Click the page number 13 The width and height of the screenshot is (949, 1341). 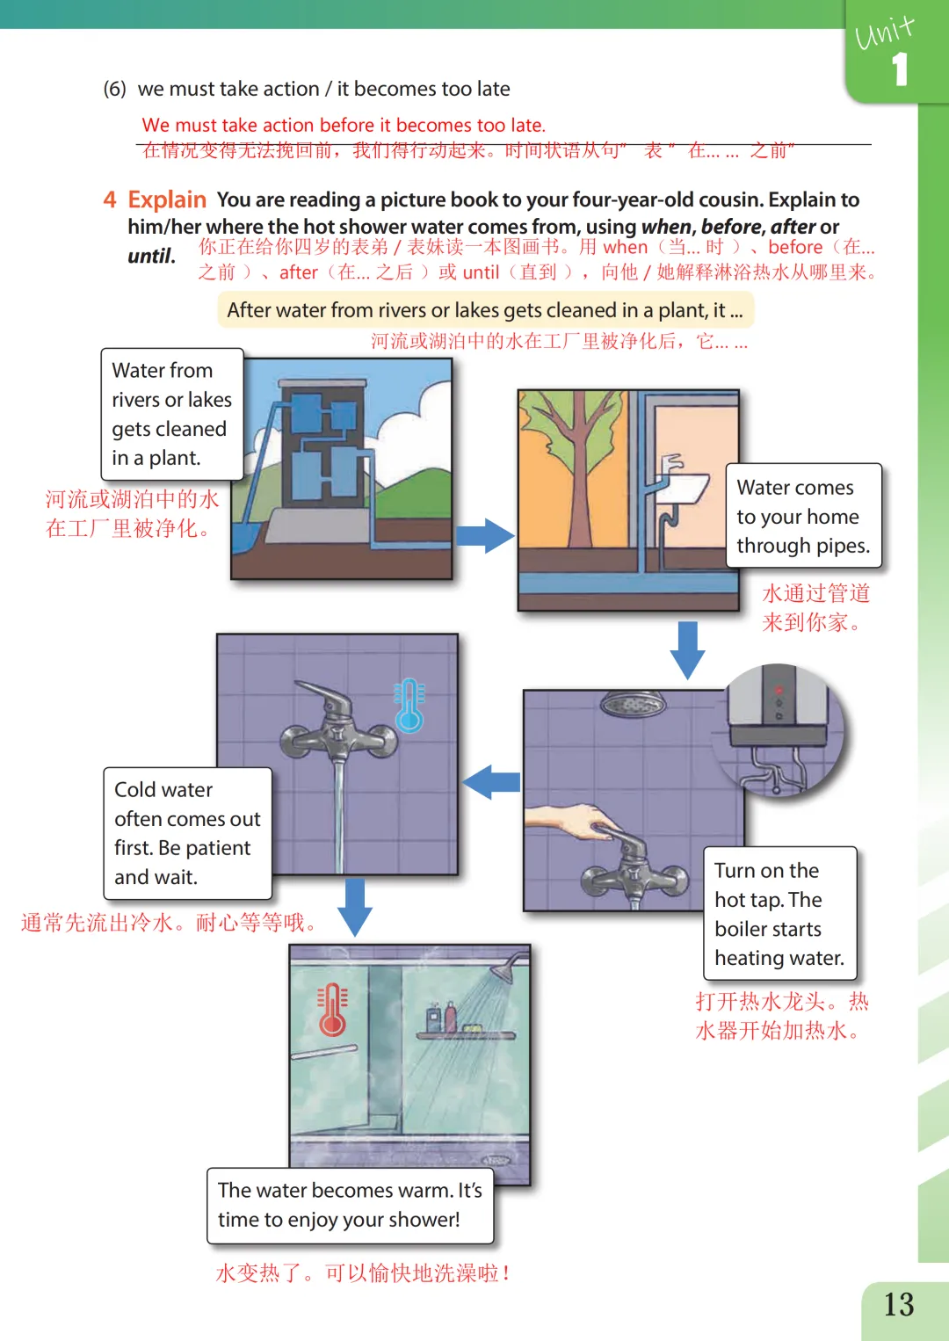point(899,1304)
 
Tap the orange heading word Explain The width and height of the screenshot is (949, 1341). point(167,199)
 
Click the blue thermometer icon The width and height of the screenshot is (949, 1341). point(409,706)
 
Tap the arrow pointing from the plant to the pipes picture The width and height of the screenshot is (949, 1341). point(484,535)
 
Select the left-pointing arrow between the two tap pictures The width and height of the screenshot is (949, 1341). point(491,781)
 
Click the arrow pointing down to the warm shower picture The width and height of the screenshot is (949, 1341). point(355,906)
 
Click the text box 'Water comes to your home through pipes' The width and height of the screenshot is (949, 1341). point(802,516)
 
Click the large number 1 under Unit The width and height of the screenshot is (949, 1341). point(899,69)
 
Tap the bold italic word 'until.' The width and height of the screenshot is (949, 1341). point(151,256)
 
